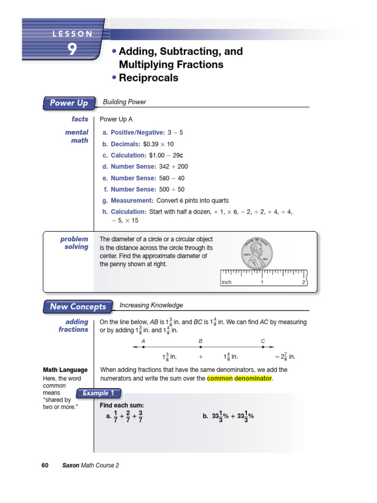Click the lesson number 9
pos(72,50)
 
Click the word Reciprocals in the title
pos(148,78)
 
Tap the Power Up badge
pos(69,103)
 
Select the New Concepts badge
pos(78,307)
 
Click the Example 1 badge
pos(98,393)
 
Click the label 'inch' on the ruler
pos(227,282)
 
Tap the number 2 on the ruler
pos(303,282)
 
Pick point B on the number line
pos(200,347)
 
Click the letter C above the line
pos(263,340)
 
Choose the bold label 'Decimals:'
pos(126,144)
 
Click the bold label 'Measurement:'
pos(132,200)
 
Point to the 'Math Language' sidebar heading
pos(65,370)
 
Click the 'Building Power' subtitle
pos(124,102)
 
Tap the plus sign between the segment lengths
pos(200,357)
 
